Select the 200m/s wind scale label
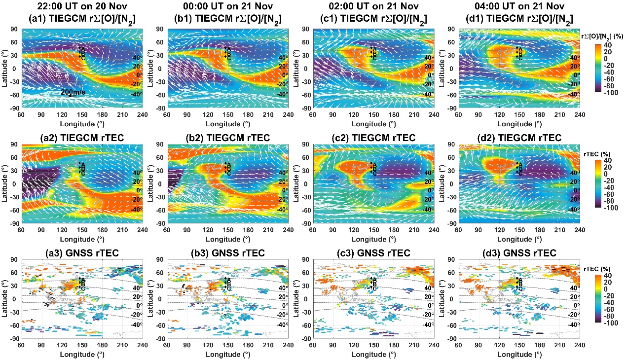(x=72, y=92)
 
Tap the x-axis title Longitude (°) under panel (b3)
(x=227, y=355)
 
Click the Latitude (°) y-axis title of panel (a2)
(x=4, y=183)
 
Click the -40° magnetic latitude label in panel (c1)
(x=428, y=94)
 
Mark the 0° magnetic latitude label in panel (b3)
(x=284, y=306)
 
